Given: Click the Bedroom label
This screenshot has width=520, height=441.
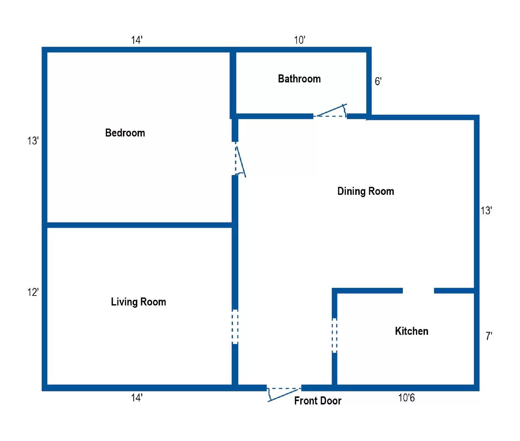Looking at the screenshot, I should pyautogui.click(x=125, y=132).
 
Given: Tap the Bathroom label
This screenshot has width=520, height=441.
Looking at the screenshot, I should pyautogui.click(x=299, y=79).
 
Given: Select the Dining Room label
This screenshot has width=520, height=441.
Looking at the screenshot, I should pyautogui.click(x=365, y=191).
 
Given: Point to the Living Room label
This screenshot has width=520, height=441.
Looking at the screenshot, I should pyautogui.click(x=138, y=302).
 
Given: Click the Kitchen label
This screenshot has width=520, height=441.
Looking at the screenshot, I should pyautogui.click(x=411, y=331).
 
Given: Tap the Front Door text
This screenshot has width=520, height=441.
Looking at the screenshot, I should pyautogui.click(x=318, y=401).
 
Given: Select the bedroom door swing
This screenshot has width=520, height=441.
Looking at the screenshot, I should pyautogui.click(x=240, y=161).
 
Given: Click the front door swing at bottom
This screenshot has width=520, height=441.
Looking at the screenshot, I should pyautogui.click(x=283, y=395).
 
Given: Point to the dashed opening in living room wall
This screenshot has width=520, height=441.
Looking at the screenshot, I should pyautogui.click(x=235, y=327).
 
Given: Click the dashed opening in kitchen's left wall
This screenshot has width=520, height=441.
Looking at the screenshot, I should pyautogui.click(x=334, y=335).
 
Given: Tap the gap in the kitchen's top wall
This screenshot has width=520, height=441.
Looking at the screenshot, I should pyautogui.click(x=418, y=291).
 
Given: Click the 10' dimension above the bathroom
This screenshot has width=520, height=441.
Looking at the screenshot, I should pyautogui.click(x=299, y=40).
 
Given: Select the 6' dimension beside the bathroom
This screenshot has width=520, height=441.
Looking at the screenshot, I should pyautogui.click(x=378, y=81).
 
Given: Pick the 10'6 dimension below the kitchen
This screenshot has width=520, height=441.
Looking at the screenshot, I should pyautogui.click(x=406, y=397).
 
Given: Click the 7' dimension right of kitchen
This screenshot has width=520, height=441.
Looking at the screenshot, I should pyautogui.click(x=488, y=336).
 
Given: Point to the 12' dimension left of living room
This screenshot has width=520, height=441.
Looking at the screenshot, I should pyautogui.click(x=33, y=292).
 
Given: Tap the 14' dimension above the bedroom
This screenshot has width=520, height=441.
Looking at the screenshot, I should pyautogui.click(x=136, y=40).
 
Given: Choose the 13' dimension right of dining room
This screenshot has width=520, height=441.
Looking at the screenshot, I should pyautogui.click(x=486, y=210).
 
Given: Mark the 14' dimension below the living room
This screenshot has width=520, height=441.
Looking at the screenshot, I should pyautogui.click(x=136, y=397).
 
